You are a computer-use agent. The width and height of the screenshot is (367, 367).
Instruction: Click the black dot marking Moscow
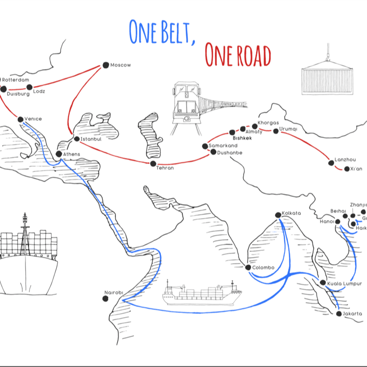coord(105,65)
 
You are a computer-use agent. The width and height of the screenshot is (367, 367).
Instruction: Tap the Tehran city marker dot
coord(153,163)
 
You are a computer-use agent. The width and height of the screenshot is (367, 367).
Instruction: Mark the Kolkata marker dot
coord(278,214)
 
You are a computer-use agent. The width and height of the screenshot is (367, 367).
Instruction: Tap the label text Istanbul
coord(91,139)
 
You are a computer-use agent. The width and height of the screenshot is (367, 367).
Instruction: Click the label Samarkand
coord(223,146)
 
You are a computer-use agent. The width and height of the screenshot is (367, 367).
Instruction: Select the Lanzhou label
coord(344,160)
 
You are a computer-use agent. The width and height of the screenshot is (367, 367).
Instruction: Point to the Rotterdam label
coord(16,79)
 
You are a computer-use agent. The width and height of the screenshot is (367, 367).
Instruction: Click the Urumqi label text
coord(288,129)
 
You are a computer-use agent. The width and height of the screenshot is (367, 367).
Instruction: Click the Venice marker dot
coord(20,119)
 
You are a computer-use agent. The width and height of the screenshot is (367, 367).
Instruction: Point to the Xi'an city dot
coord(347,169)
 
